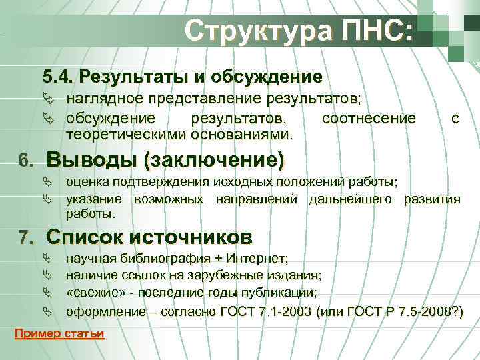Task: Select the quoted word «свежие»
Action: click(89, 293)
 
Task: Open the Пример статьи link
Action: click(59, 334)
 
